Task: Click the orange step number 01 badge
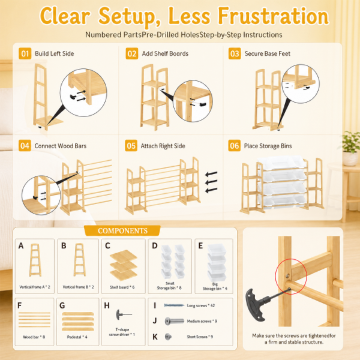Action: click(x=25, y=53)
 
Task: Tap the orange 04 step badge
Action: click(x=25, y=146)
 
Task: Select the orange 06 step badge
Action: click(x=234, y=146)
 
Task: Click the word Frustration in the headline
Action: click(x=273, y=16)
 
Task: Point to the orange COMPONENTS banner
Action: click(x=122, y=230)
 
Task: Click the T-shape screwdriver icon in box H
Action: click(x=124, y=314)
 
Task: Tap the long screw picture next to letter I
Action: click(x=174, y=305)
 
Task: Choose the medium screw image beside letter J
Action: click(x=175, y=321)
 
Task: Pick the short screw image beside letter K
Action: click(x=168, y=337)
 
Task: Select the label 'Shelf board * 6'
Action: click(x=122, y=287)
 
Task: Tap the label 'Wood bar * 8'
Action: click(x=34, y=337)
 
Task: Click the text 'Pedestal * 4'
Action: click(x=77, y=337)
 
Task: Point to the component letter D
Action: click(x=155, y=245)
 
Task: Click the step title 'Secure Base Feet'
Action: click(x=267, y=54)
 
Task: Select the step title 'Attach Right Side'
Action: click(x=163, y=146)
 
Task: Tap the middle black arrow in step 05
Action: click(x=211, y=182)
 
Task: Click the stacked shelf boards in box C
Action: click(x=124, y=265)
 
